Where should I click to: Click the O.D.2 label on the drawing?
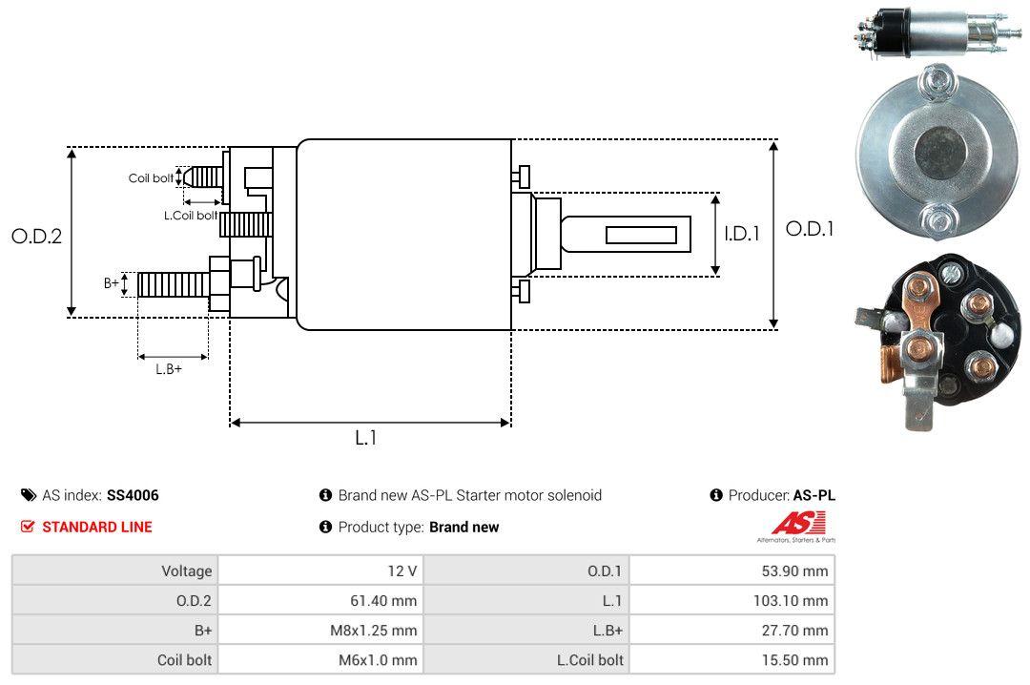point(36,236)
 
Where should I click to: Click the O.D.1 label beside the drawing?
point(810,229)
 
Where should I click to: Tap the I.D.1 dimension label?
point(741,233)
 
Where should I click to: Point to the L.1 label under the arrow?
point(366,438)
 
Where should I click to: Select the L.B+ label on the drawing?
point(169,368)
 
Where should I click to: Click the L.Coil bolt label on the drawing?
point(191,217)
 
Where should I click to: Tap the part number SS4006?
point(133,495)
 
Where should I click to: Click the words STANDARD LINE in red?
point(96,527)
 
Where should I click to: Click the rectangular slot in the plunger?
point(642,235)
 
